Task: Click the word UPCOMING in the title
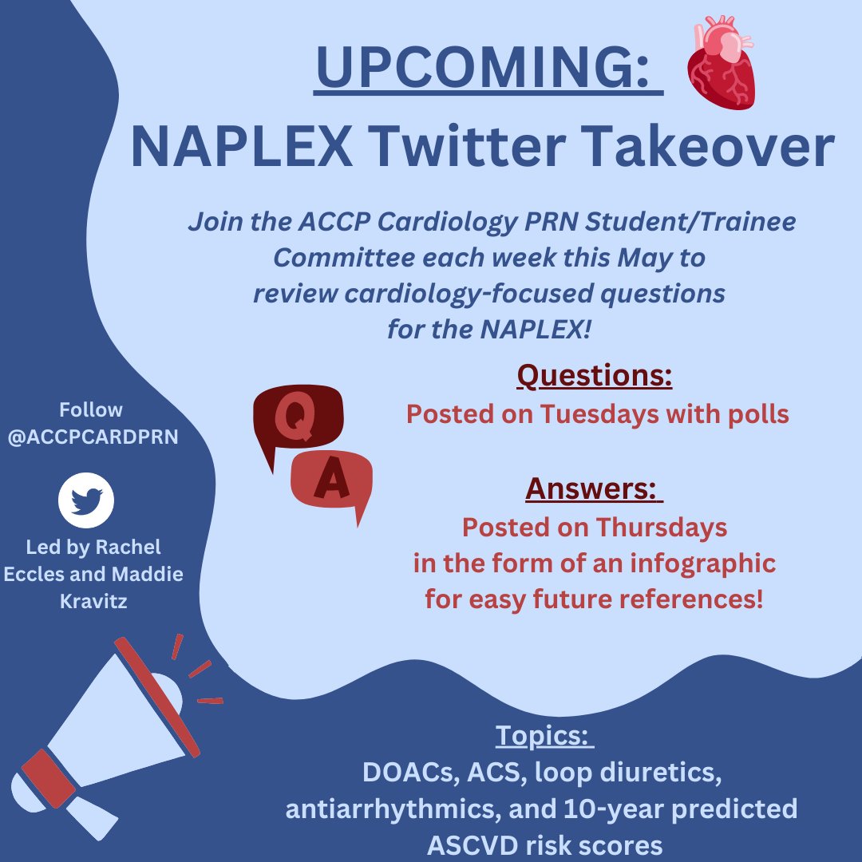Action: coord(488,69)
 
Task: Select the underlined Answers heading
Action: coord(594,488)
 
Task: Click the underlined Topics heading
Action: coord(545,735)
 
